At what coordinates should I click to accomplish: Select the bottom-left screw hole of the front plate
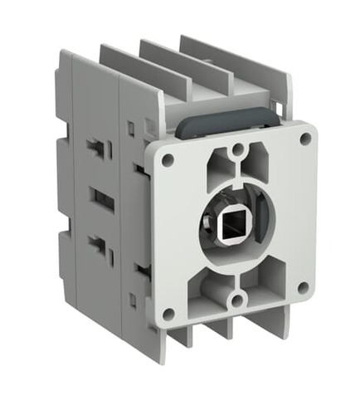(x=168, y=313)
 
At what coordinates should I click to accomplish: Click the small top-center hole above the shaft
(x=237, y=150)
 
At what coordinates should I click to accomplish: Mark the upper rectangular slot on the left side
(x=97, y=149)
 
